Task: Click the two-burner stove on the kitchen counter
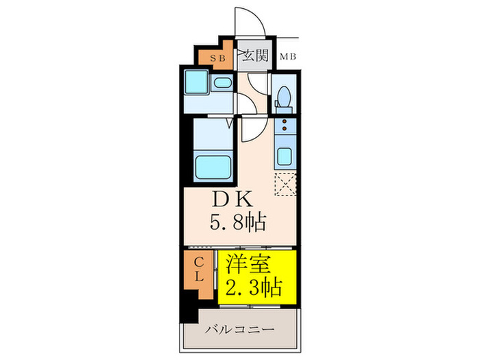pos(283,127)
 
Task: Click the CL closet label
pos(197,271)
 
